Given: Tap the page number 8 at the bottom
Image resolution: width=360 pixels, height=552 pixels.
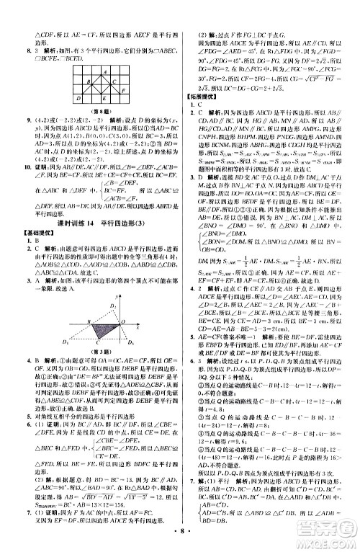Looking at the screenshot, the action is click(179, 535).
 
